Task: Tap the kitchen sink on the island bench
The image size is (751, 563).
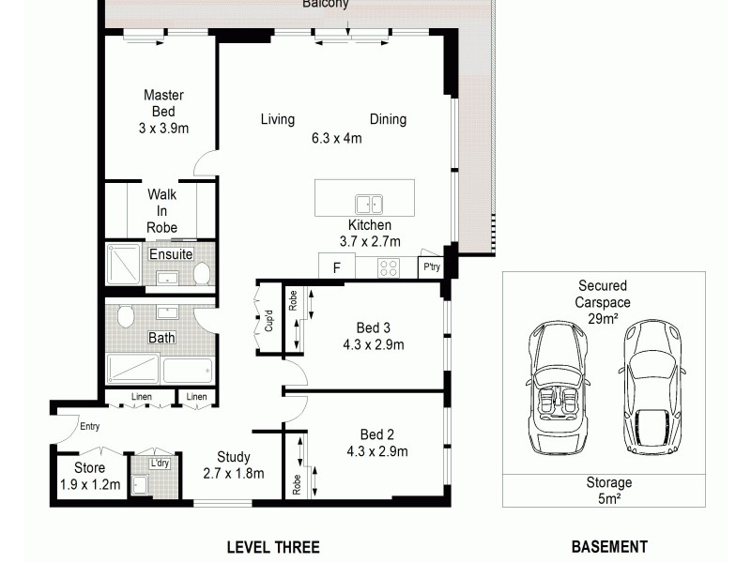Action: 368,204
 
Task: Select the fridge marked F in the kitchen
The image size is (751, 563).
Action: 335,267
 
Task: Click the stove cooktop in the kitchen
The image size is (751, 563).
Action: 389,267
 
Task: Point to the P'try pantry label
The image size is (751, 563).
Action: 431,267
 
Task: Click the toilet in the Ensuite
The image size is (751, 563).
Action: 201,273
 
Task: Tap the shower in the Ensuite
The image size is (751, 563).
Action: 123,265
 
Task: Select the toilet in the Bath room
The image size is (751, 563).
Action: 126,316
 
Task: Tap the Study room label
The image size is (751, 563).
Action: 233,458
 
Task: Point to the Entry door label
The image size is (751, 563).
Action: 90,427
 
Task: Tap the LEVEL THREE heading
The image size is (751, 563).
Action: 273,547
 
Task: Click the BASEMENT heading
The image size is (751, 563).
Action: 609,547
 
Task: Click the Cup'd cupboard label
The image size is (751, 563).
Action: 268,320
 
